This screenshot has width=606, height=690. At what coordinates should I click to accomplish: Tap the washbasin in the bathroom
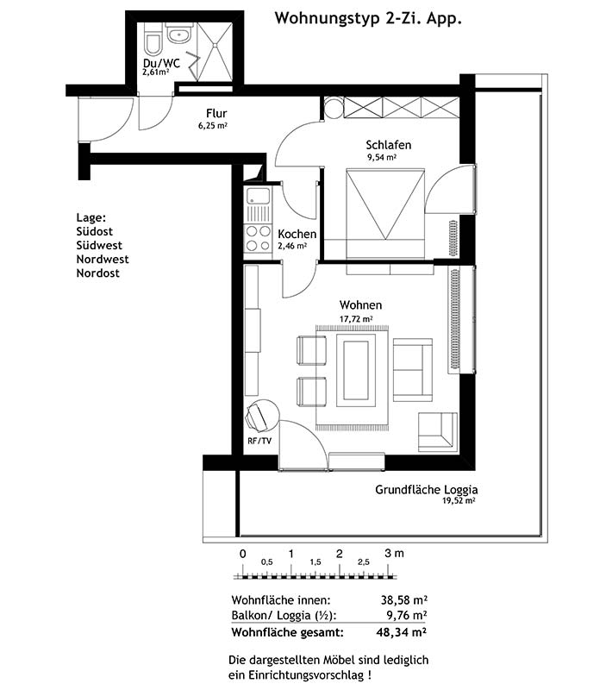point(179,34)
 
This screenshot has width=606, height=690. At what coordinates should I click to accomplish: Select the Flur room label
point(216,114)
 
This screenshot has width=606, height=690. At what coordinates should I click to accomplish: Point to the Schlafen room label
point(388,145)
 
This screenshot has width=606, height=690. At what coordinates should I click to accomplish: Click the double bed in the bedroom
point(385,212)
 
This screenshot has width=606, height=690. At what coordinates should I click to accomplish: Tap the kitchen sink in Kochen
point(258,197)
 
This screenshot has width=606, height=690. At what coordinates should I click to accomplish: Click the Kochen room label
point(297,234)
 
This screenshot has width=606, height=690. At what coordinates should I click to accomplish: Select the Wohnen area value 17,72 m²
point(356,318)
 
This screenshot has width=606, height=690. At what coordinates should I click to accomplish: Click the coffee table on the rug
point(356,370)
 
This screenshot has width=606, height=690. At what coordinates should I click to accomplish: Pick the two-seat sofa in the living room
point(413,370)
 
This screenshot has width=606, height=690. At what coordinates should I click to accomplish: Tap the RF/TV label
point(259,441)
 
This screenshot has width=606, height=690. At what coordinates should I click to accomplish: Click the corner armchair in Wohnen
point(438,432)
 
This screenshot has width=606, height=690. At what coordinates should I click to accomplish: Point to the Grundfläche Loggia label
point(426,489)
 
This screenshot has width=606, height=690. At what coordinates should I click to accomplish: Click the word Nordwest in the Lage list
point(103,260)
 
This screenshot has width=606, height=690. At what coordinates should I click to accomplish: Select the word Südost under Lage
point(95,231)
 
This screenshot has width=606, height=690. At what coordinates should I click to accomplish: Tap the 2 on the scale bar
point(339,554)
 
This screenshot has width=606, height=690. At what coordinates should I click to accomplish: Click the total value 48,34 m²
point(401,632)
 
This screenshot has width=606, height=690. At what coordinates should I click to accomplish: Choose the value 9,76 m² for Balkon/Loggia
point(404,614)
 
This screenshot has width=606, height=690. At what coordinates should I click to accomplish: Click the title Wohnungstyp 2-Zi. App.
point(368,19)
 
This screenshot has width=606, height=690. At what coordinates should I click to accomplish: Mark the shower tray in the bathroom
point(214,52)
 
